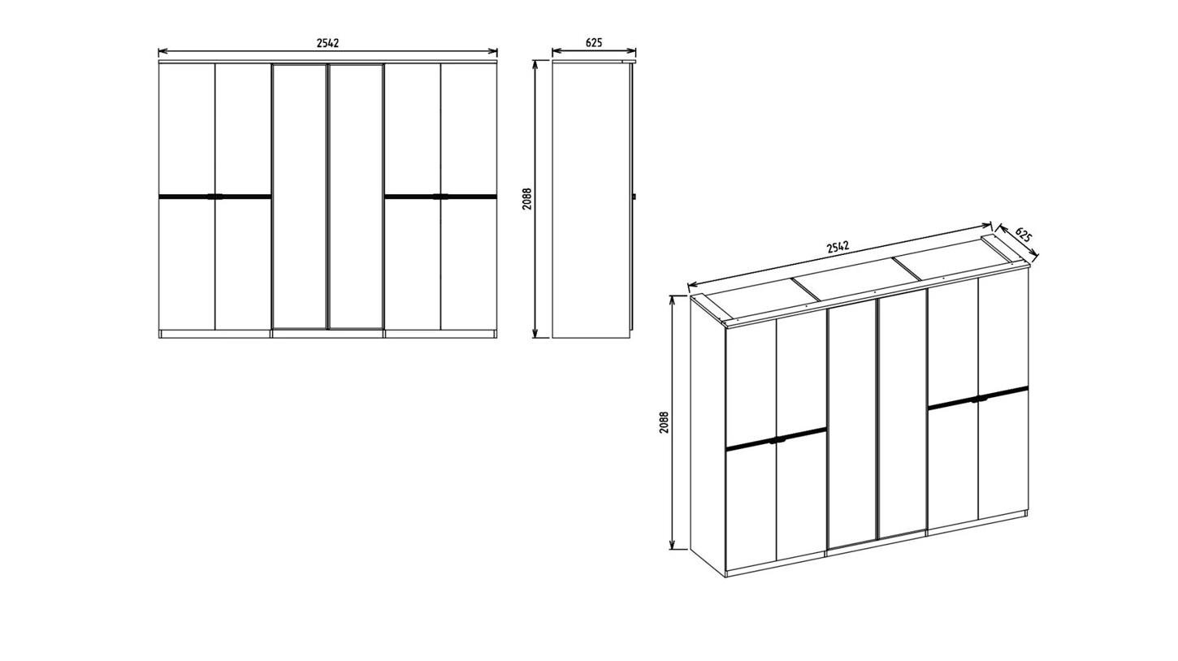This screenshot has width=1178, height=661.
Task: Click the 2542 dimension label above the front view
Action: tap(327, 43)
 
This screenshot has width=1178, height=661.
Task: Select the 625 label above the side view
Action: tap(594, 43)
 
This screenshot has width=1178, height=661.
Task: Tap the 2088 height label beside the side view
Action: tap(527, 199)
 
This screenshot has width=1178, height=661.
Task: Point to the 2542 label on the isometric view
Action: tap(838, 247)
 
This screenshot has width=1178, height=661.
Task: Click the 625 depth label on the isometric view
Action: tap(1024, 235)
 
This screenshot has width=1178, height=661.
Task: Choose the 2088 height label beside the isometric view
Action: tap(665, 421)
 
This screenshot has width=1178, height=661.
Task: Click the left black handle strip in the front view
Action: tap(214, 197)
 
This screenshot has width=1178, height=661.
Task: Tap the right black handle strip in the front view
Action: tap(440, 197)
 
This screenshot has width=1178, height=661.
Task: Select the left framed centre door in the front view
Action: tap(299, 197)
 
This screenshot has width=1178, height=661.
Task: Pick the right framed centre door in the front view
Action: tap(356, 197)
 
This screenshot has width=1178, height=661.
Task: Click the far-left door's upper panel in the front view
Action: tap(187, 129)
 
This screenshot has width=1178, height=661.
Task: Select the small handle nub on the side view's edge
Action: tap(634, 197)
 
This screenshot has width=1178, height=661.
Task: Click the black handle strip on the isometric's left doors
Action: tap(776, 439)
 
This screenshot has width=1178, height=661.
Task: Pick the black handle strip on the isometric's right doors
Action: tap(978, 398)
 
